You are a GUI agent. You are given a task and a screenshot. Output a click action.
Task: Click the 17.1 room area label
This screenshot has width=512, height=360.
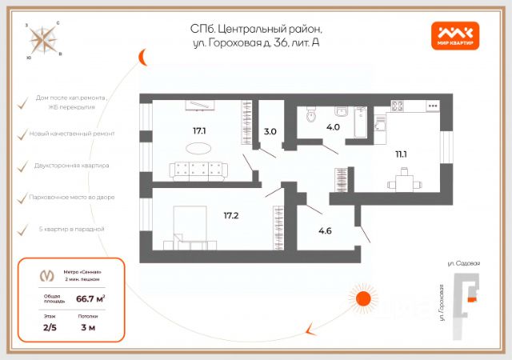pos(199,130)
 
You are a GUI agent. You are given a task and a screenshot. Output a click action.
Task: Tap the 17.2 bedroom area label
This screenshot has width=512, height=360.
pos(232,215)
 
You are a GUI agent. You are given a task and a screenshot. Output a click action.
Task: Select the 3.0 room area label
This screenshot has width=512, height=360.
pos(270,131)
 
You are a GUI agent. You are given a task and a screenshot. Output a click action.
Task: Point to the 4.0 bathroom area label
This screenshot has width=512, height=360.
pos(333,126)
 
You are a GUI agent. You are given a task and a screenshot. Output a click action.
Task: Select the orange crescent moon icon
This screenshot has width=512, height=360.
pos(142,58)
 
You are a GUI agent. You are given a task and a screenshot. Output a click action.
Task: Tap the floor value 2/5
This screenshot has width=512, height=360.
pos(50,327)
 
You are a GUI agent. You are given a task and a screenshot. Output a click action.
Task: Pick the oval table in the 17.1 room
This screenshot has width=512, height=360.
pos(200,147)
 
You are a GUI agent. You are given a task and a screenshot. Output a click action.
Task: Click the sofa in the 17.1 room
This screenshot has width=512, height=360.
pos(200,169)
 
